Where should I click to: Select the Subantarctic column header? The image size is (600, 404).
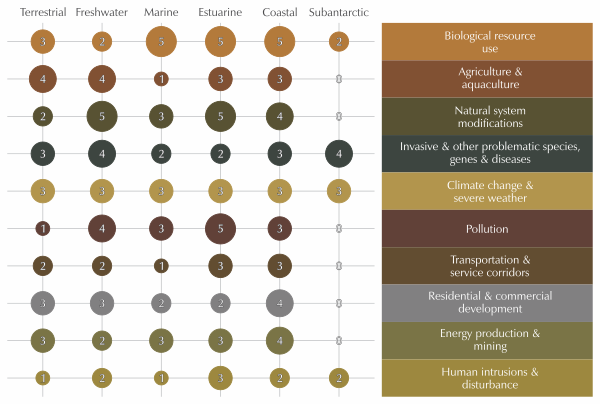[x=339, y=12]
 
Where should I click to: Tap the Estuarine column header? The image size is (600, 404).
[x=221, y=12]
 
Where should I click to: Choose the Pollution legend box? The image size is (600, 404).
[x=489, y=229]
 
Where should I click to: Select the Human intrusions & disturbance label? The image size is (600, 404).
[x=489, y=378]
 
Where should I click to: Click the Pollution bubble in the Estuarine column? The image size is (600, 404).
[x=221, y=228]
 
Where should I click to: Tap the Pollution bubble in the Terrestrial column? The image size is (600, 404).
[x=42, y=228]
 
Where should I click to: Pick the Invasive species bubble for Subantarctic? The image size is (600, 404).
[x=339, y=153]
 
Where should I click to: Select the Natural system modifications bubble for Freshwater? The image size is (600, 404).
[x=102, y=116]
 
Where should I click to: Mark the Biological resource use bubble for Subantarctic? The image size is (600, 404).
[x=339, y=42]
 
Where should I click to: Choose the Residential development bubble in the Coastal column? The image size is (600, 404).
[x=280, y=303]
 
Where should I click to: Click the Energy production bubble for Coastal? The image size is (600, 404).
[x=280, y=340]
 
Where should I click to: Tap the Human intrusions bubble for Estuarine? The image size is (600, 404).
[x=221, y=378]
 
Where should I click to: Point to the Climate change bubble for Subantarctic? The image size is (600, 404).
[x=339, y=191]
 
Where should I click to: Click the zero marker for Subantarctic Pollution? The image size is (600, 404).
[x=339, y=228]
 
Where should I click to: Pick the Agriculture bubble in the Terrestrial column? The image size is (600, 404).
[x=42, y=79]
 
